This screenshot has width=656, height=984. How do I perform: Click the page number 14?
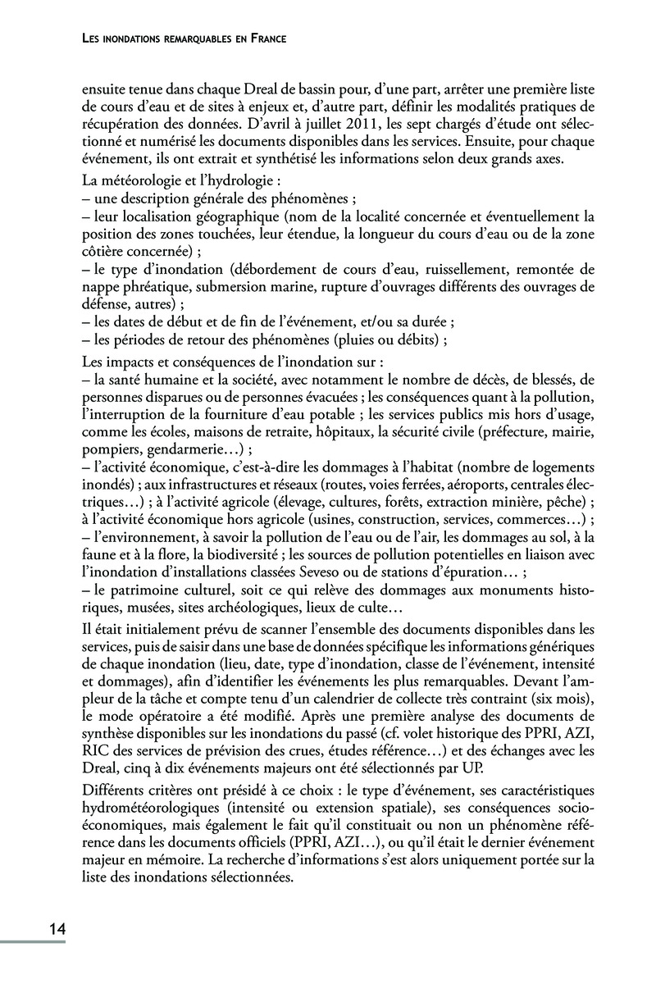tap(56, 929)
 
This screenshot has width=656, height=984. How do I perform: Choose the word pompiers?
tap(112, 449)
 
